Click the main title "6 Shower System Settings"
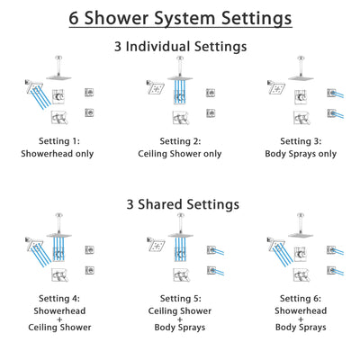tap(180, 17)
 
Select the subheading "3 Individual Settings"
tap(180, 46)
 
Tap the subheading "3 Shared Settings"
tap(180, 204)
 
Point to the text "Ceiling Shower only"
tap(180, 153)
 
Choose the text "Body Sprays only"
tap(303, 153)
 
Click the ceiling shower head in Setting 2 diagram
tap(180, 76)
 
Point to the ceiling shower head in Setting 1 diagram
tap(56, 76)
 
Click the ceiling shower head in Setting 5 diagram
tap(180, 235)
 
